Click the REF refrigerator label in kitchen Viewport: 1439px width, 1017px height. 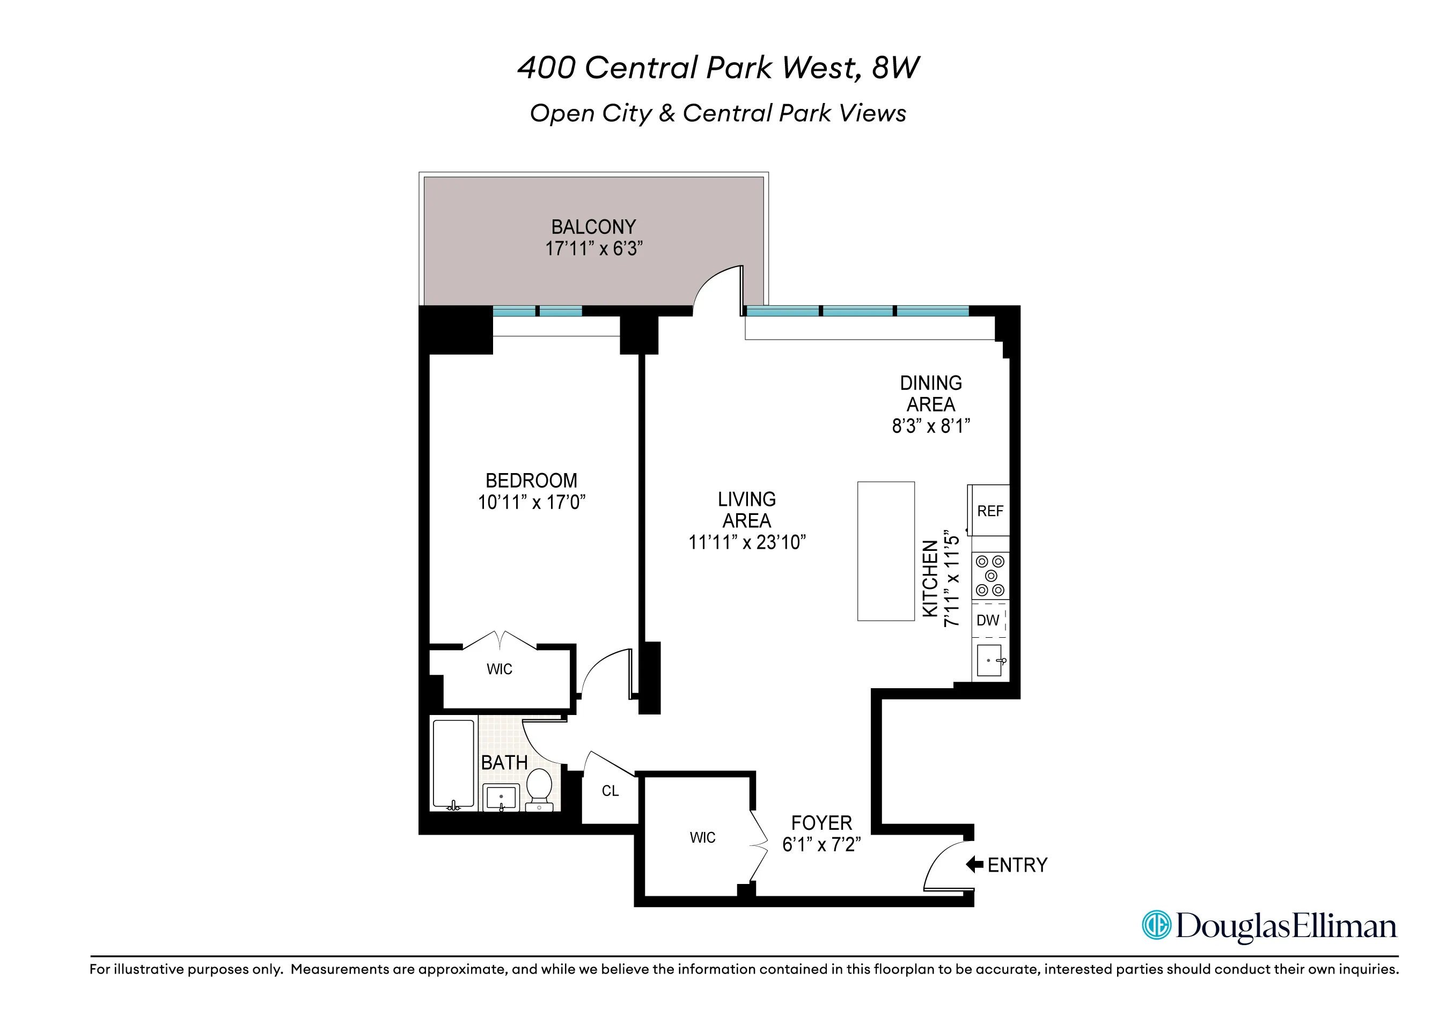coord(989,511)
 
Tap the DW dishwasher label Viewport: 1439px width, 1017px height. coord(988,621)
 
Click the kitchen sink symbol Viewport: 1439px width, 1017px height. coord(989,660)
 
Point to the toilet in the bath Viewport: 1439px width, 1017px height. coord(539,787)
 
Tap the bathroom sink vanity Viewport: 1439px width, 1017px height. coord(501,798)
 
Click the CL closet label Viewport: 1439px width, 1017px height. coord(610,791)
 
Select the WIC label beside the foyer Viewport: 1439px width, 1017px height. coord(702,838)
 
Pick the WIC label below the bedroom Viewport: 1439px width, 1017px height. coord(499,669)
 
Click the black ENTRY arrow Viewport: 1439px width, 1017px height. coord(974,865)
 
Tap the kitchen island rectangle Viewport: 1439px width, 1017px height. coord(886,551)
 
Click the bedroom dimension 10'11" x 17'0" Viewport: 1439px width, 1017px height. coord(532,503)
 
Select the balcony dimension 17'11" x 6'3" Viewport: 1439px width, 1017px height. coord(593,249)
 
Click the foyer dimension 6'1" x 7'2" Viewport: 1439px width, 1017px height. coord(821,845)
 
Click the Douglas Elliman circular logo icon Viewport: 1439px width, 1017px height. coord(1156,925)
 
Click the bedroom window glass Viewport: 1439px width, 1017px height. coord(537,311)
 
